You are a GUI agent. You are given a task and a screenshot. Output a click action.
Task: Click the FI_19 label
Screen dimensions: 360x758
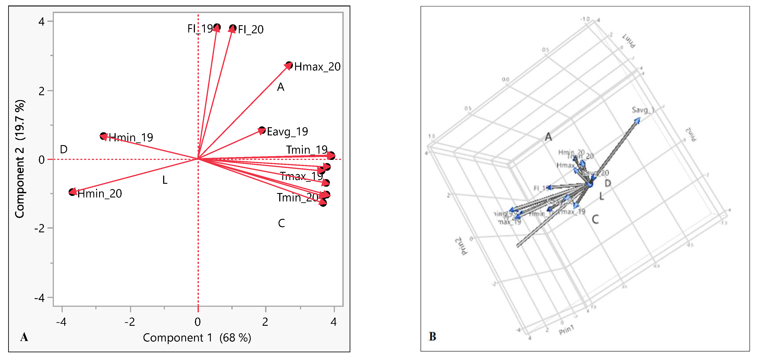(200, 28)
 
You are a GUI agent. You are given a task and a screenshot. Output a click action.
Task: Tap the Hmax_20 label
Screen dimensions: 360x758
(317, 67)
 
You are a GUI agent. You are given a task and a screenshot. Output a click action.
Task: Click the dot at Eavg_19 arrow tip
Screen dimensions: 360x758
(262, 130)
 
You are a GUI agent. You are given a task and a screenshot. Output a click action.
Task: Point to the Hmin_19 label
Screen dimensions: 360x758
(131, 137)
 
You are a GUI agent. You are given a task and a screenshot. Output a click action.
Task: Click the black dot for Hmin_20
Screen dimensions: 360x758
(72, 192)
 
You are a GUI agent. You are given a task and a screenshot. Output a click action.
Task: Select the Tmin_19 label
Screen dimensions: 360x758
(307, 150)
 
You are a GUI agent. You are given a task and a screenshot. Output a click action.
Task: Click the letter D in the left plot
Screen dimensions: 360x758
(64, 149)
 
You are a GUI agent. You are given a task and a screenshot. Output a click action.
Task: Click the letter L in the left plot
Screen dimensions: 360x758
(165, 180)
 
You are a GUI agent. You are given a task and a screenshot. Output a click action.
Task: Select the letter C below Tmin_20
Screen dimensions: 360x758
(281, 223)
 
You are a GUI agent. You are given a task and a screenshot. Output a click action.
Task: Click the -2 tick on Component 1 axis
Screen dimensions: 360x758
(130, 322)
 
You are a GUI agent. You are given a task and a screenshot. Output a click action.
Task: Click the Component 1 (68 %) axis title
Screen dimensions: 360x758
(197, 338)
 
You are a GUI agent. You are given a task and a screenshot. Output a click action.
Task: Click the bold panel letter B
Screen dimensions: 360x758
(432, 336)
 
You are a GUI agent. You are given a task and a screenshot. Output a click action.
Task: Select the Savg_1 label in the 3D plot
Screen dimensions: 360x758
(643, 110)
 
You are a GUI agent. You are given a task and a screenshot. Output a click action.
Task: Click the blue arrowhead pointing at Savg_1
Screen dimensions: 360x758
(637, 121)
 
